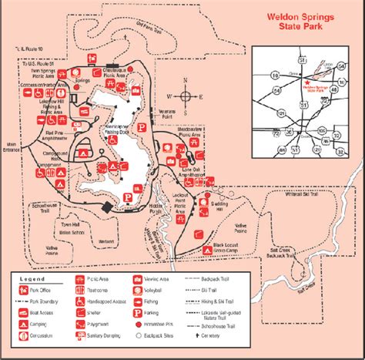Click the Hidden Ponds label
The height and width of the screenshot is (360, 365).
(x=156, y=210)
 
